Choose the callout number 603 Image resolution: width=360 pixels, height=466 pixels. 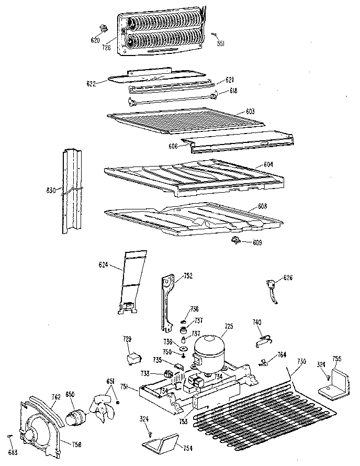pyautogui.click(x=251, y=112)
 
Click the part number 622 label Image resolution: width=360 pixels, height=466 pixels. pyautogui.click(x=91, y=83)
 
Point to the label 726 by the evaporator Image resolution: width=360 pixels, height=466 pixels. pyautogui.click(x=106, y=48)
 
